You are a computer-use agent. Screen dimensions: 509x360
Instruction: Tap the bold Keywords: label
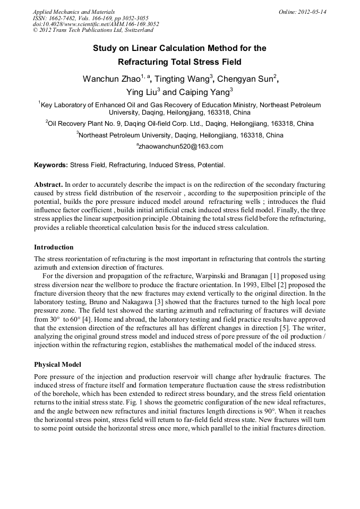coord(51,165)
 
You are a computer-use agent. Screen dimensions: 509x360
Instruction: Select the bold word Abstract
coord(48,184)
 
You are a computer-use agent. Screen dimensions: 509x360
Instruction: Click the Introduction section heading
coord(54,247)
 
